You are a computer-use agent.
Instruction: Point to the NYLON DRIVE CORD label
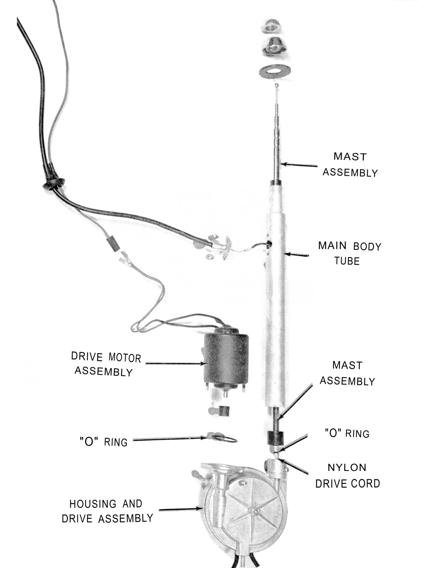pos(347,476)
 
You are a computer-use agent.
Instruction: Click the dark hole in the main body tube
pos(269,244)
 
